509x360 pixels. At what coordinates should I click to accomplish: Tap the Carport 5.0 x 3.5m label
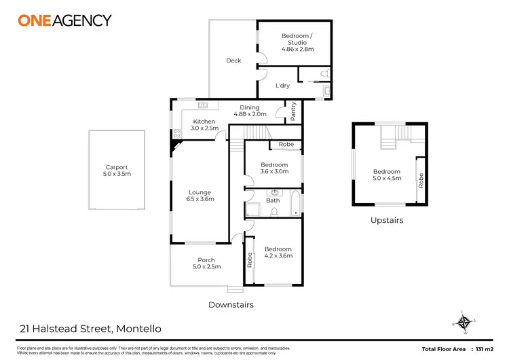117,170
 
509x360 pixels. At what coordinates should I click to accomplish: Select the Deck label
233,61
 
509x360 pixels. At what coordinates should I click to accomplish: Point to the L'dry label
282,86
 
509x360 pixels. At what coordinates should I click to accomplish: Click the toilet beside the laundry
325,73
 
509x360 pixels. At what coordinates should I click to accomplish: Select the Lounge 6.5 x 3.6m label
200,196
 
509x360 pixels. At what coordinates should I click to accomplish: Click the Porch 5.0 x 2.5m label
206,264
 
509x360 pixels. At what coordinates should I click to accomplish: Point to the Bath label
273,200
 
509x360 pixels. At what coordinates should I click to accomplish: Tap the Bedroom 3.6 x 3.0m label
274,168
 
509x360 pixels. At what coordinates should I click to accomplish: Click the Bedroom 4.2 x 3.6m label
278,252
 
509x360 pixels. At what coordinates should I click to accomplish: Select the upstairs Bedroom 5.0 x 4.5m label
387,175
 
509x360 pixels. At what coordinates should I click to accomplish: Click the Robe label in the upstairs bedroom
421,181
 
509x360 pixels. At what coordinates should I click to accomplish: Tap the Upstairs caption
387,220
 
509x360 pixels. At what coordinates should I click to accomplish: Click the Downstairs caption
231,305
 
